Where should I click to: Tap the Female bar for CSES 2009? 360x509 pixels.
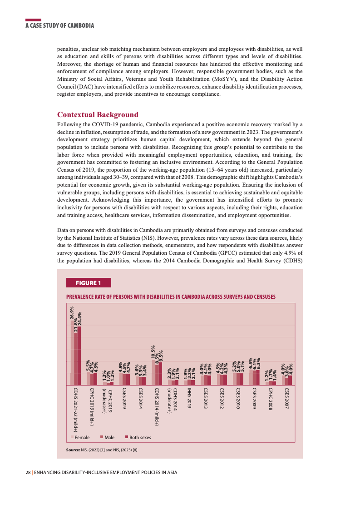[x=251, y=377]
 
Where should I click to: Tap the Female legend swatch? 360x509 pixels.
[x=72, y=437]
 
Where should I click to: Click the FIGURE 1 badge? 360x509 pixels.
[x=89, y=283]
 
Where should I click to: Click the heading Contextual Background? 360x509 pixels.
[x=97, y=114]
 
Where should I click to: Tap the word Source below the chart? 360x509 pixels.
[x=73, y=450]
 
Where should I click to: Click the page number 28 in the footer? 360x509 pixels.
[x=28, y=472]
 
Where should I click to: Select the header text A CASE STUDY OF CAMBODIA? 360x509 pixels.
[x=59, y=25]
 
